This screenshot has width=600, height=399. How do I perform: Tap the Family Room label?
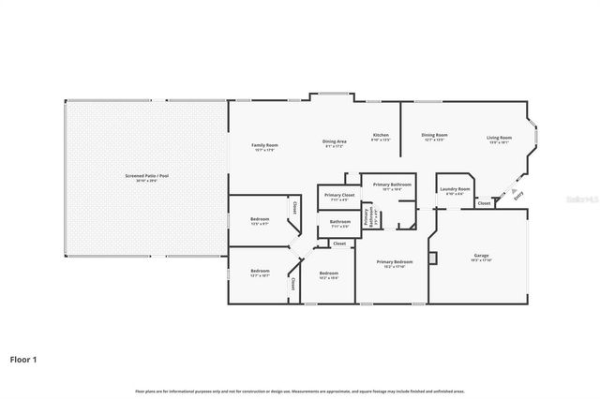coord(265,145)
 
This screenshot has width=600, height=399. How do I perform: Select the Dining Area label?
coord(335,141)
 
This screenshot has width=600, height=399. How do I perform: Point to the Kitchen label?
coord(382,135)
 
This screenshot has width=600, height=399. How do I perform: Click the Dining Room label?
coord(434,135)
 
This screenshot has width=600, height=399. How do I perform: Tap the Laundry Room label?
coord(456,189)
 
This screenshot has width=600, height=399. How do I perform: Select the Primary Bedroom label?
coord(395,262)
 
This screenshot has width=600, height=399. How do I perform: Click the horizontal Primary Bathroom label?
coord(388,185)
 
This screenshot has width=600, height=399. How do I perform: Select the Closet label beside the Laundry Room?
coord(484,203)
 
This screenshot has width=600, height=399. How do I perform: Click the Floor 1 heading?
coord(24,358)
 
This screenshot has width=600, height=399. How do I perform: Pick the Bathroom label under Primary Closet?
coord(339,222)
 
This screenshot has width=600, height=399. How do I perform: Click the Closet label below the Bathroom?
coord(339,244)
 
